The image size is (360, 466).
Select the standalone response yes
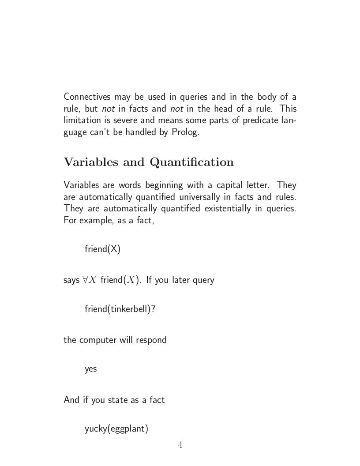tap(90, 369)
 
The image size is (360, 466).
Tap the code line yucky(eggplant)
tap(116, 428)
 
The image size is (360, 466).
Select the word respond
tap(152, 340)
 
